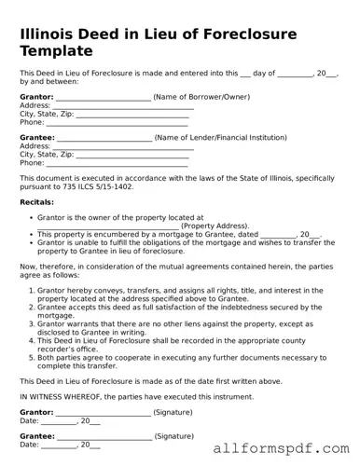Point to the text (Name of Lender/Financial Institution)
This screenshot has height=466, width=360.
[x=224, y=137]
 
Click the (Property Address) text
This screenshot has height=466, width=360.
[x=215, y=226]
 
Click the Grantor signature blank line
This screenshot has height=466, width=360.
[x=103, y=413]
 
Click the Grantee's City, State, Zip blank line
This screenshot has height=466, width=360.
[x=131, y=155]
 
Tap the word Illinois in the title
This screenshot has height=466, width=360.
[x=51, y=34]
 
